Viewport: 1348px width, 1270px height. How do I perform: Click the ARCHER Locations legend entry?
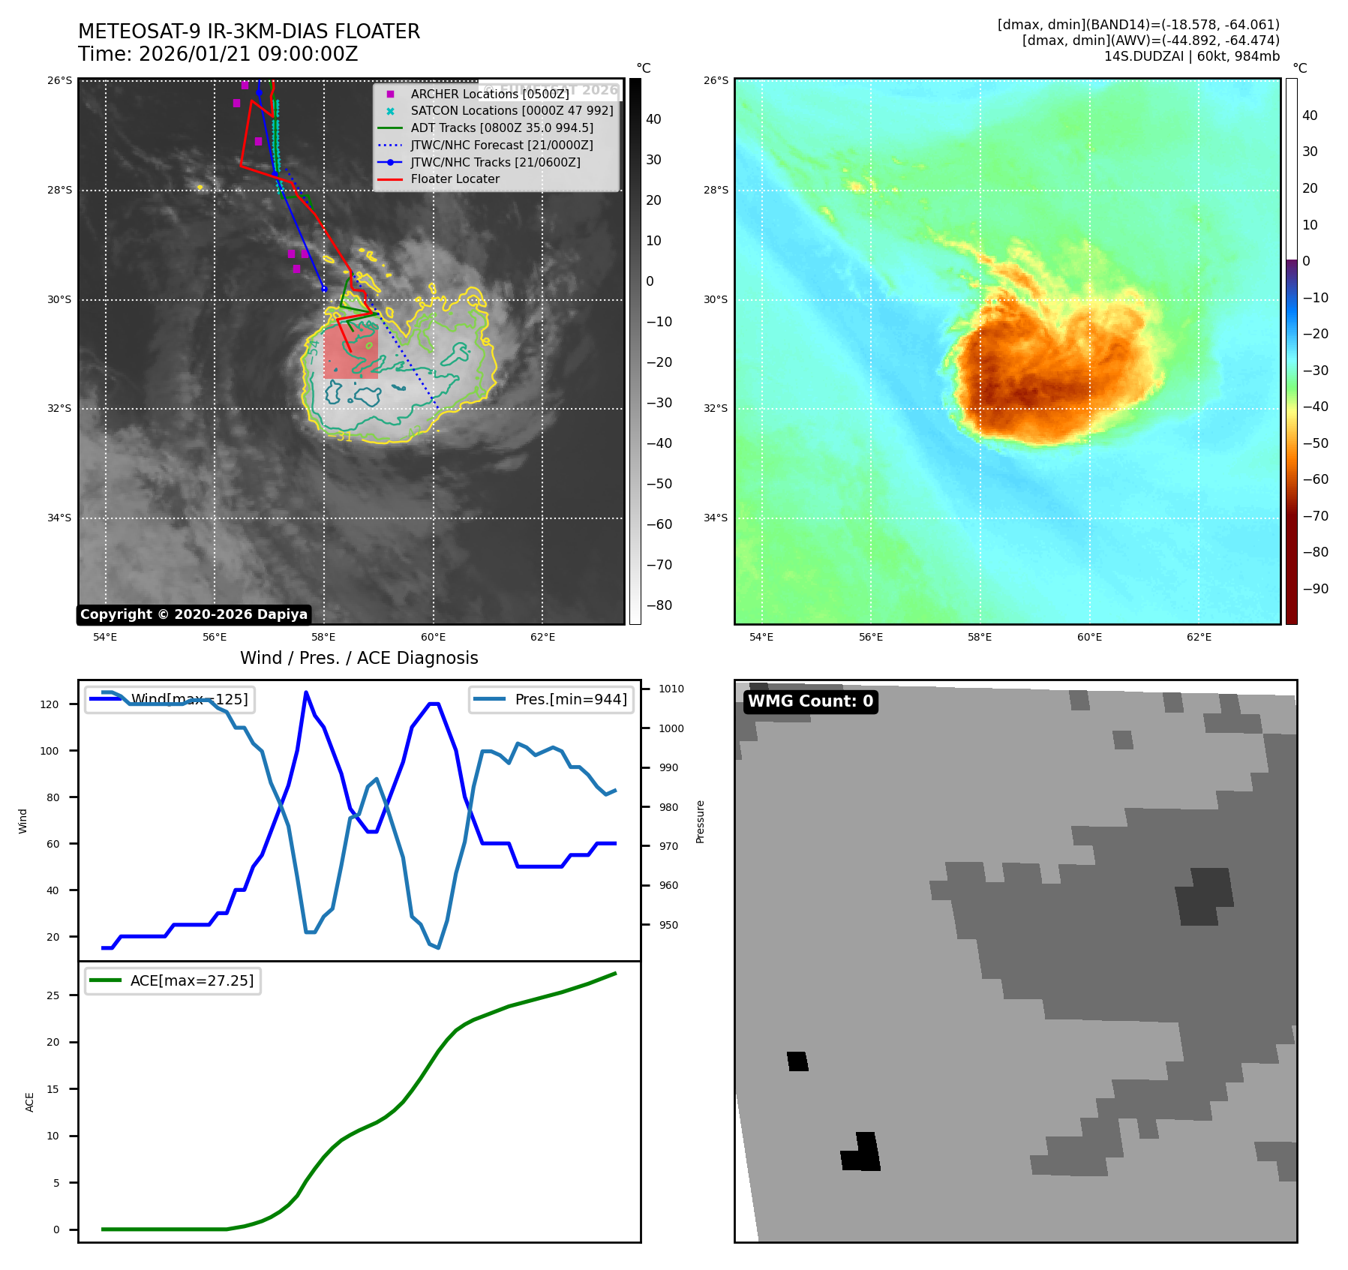(489, 94)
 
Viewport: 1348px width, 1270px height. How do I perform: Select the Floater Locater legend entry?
(455, 179)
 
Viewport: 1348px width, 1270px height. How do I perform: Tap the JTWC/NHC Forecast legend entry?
(501, 145)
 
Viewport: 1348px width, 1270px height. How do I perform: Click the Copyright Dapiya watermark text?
(194, 614)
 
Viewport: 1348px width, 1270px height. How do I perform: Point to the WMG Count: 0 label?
(810, 701)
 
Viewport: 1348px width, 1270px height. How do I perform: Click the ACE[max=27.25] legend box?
(173, 980)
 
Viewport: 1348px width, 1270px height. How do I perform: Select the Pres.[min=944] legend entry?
(550, 699)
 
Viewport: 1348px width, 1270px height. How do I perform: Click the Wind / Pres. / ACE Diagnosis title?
(359, 658)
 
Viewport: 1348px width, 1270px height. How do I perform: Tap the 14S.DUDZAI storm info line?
(1191, 56)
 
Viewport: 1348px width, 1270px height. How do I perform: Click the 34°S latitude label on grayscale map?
(60, 518)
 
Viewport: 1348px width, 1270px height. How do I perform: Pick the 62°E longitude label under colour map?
(1199, 637)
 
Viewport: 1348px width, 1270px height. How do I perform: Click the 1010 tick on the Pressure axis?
(671, 689)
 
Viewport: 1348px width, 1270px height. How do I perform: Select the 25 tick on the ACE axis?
(53, 995)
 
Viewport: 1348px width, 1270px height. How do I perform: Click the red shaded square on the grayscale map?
(351, 352)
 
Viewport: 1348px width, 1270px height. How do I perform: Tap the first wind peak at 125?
(306, 692)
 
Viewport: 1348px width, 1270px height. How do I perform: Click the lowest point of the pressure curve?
(438, 948)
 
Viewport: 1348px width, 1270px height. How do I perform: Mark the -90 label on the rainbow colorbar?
(1315, 589)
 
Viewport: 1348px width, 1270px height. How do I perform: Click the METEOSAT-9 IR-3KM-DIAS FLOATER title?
(249, 32)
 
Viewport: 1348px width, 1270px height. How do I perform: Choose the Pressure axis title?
(700, 821)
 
